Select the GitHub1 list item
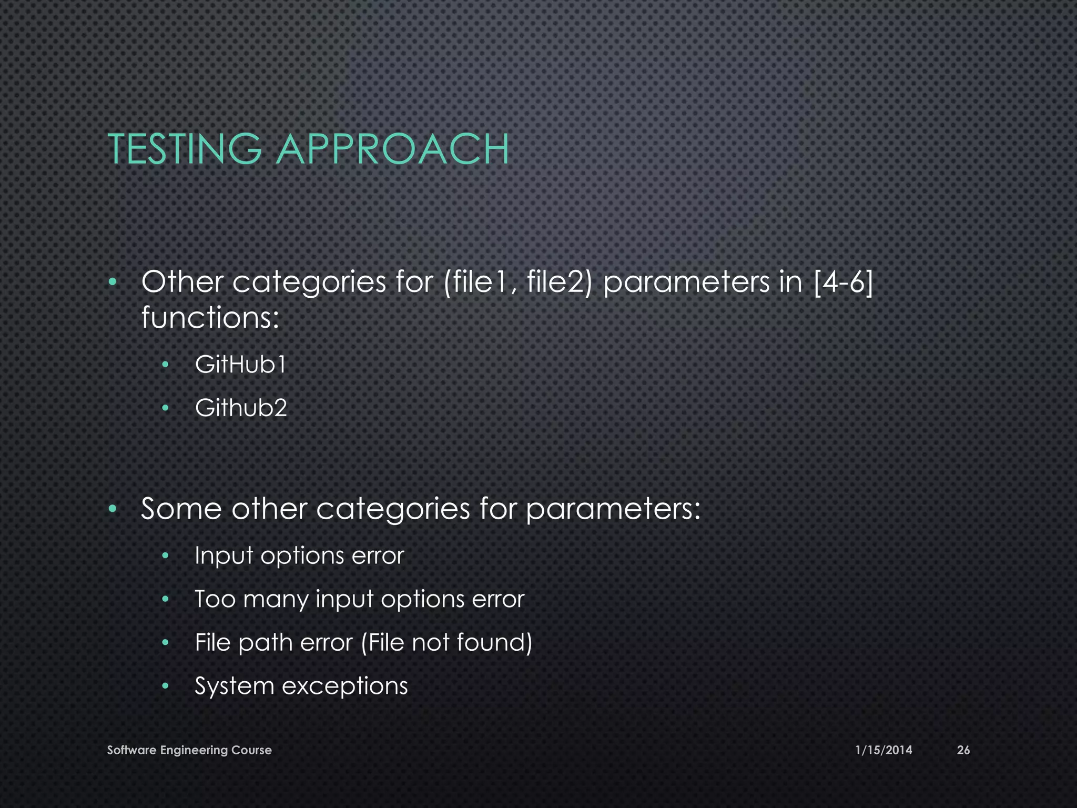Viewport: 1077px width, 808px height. pos(240,364)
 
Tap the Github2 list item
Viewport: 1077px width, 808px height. pos(241,408)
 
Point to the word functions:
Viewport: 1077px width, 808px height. pos(210,318)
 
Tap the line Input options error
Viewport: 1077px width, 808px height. pos(299,555)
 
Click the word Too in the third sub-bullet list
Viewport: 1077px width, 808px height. pos(215,599)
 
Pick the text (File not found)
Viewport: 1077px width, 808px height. pos(447,642)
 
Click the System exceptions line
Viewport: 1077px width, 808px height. pos(301,686)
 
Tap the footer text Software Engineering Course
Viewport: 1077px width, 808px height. pos(189,750)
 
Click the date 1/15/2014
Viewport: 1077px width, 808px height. pos(883,750)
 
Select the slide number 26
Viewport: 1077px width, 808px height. pos(963,750)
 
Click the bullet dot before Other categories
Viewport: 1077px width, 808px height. pos(111,282)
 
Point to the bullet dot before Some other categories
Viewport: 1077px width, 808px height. pos(111,509)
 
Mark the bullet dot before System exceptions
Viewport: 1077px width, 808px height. pos(165,686)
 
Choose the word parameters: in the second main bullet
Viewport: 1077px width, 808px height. pos(613,510)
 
